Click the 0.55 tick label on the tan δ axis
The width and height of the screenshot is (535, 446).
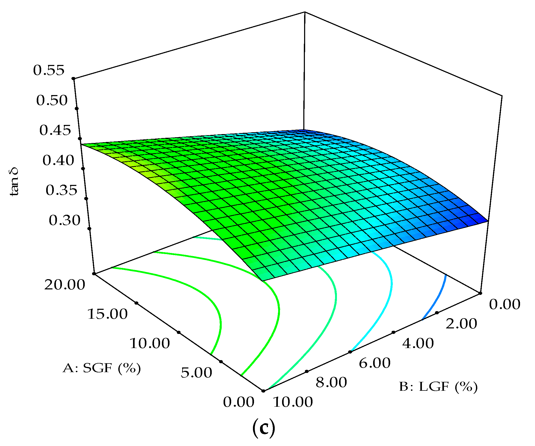pos(49,70)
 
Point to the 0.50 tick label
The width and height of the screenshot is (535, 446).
pos(52,101)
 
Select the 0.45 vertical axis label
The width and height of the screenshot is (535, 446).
pos(55,130)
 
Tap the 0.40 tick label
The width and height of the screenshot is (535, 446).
pos(58,161)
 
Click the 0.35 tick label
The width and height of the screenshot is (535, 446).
pos(61,190)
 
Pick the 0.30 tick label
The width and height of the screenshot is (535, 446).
pos(65,221)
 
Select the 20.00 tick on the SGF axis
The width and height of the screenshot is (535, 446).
pos(65,285)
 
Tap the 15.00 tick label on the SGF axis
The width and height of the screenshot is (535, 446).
pos(107,314)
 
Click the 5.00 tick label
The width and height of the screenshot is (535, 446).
pos(196,373)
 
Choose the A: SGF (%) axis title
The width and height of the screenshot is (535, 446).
pos(102,368)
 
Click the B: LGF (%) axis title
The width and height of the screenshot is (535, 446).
pos(438,387)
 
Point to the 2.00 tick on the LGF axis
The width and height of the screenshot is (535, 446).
pos(461,324)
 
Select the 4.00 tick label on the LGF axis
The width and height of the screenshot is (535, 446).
pos(418,343)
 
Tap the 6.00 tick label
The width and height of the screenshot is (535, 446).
pos(375,363)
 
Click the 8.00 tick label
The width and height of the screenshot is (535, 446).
pos(331,383)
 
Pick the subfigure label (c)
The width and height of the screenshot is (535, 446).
pos(264,427)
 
